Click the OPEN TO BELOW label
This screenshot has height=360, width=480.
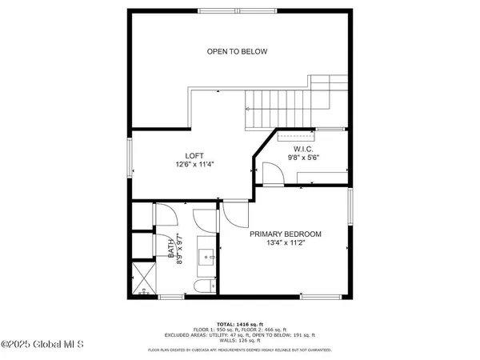(x=237, y=52)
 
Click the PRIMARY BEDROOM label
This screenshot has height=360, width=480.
(x=286, y=234)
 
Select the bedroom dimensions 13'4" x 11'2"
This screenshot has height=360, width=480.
(x=286, y=244)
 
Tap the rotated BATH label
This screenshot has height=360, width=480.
(x=171, y=249)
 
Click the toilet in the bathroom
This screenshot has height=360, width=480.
(x=204, y=286)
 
